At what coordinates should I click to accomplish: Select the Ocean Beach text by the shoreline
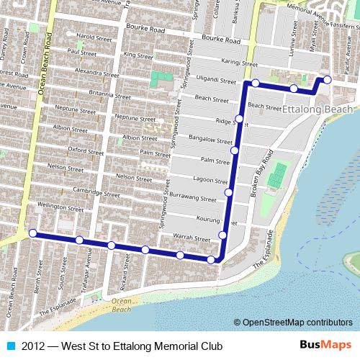tap(122, 305)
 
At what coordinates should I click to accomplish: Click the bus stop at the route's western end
tap(33, 233)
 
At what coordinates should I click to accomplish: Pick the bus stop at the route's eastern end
tap(326, 79)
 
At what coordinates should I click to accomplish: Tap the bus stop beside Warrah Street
tap(222, 235)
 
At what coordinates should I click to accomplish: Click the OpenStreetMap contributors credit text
tap(297, 323)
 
